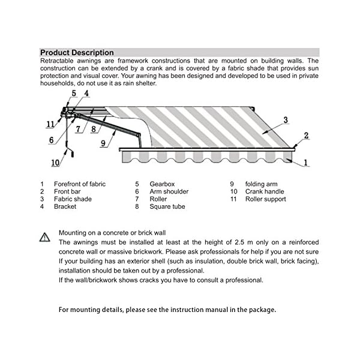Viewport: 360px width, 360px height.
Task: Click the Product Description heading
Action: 76,53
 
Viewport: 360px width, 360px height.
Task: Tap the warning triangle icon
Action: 44,238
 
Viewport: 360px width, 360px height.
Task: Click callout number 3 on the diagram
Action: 285,120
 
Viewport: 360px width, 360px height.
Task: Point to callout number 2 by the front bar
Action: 306,136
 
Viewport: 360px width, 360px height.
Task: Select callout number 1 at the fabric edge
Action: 306,162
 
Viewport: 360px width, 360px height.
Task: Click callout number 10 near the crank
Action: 55,162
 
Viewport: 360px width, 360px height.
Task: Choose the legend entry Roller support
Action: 266,199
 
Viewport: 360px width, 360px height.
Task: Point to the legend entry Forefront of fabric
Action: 80,184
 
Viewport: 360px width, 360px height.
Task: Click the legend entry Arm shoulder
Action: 169,191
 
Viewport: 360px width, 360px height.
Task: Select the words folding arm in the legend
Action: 262,184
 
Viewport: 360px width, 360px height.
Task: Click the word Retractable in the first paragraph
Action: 59,61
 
